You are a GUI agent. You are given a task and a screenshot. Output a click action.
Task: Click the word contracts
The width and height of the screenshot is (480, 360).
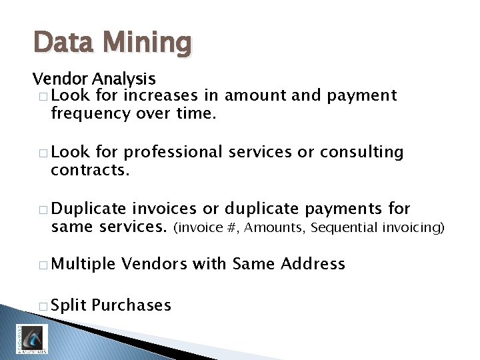[x=90, y=170]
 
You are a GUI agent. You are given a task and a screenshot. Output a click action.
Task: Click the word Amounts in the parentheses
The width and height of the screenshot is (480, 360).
[x=273, y=228]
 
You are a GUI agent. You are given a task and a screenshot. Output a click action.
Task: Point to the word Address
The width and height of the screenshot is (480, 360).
[x=313, y=265]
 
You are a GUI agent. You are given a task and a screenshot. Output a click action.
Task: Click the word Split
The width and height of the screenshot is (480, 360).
[x=69, y=306]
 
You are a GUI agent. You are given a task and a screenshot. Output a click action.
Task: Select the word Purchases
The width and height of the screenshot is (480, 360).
[x=131, y=306]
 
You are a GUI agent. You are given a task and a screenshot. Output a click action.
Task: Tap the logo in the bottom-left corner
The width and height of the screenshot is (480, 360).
[x=32, y=338]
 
